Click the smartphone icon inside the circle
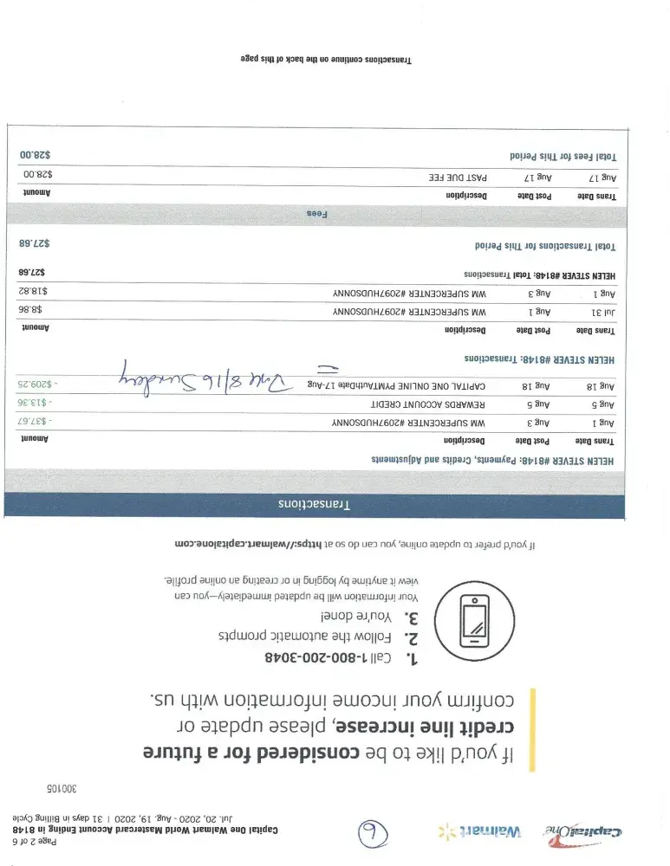click(x=473, y=621)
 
